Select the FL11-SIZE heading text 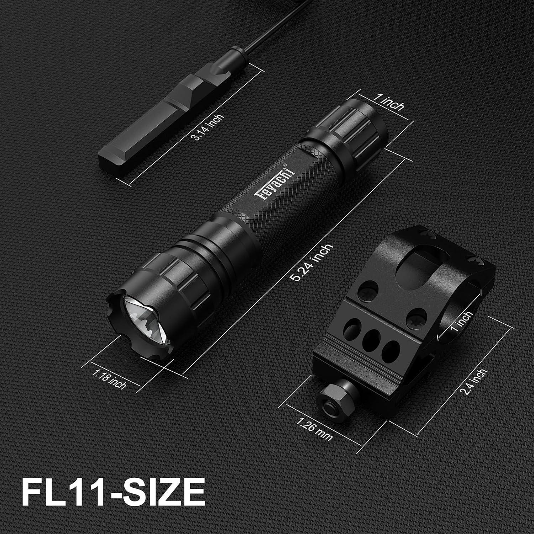[x=113, y=492]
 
